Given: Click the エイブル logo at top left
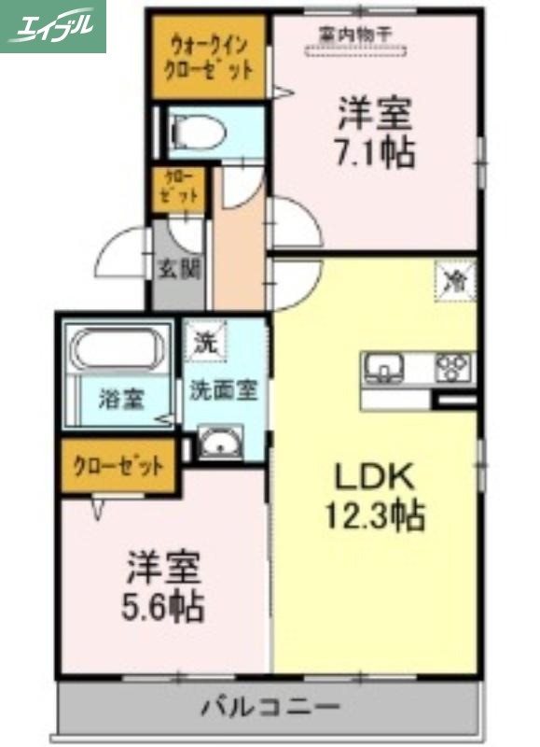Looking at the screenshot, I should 53,26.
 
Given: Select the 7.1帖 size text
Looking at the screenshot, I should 375,152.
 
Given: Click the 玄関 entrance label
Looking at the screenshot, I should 177,270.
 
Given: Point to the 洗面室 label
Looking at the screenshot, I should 223,390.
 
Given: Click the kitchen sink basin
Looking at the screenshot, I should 383,366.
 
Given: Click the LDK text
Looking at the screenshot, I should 374,476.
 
